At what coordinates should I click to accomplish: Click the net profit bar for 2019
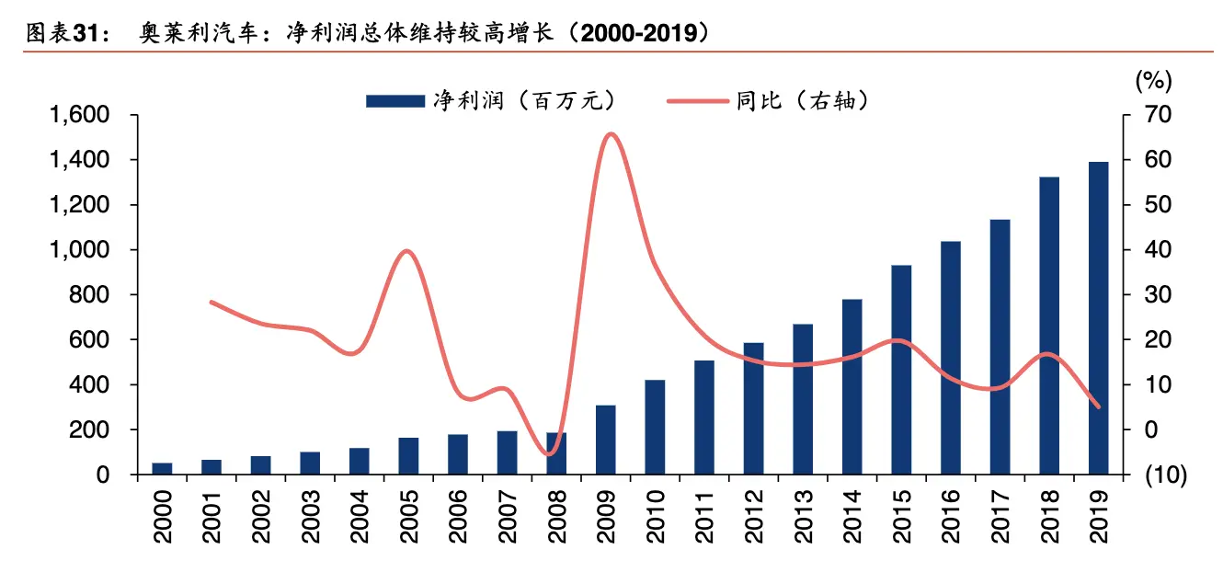pos(1099,318)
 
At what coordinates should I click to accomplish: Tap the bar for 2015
pos(901,370)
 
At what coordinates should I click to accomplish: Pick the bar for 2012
pos(753,408)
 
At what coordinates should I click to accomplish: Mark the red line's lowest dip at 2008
pos(550,454)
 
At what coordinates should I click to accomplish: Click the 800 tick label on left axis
pos(92,295)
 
